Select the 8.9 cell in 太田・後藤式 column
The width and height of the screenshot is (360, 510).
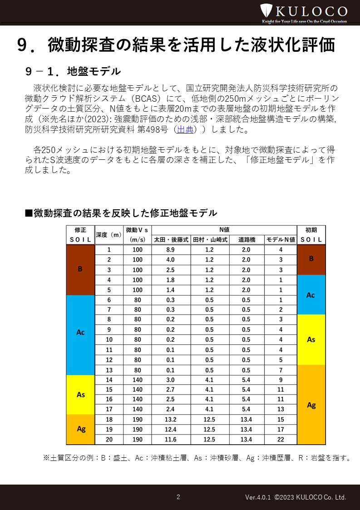pyautogui.click(x=170, y=250)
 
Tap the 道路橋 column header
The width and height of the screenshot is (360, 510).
pyautogui.click(x=246, y=239)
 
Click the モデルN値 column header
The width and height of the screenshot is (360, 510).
pyautogui.click(x=281, y=239)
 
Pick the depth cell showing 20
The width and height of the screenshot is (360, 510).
pyautogui.click(x=109, y=440)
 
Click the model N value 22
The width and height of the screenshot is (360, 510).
pyautogui.click(x=281, y=440)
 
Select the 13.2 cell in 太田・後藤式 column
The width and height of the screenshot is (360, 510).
pyautogui.click(x=170, y=420)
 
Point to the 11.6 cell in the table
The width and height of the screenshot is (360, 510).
pyautogui.click(x=170, y=440)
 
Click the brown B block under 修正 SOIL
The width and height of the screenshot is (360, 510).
pyautogui.click(x=80, y=269)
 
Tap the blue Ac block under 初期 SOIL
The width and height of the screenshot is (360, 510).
pyautogui.click(x=311, y=295)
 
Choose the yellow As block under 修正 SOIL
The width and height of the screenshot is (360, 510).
pyautogui.click(x=80, y=394)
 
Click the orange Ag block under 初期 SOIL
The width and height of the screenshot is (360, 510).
pyautogui.click(x=311, y=405)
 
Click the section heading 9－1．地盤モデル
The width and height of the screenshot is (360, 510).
pyautogui.click(x=73, y=71)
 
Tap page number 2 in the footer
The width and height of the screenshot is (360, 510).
pyautogui.click(x=178, y=497)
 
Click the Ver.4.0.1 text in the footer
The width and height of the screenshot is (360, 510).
pyautogui.click(x=258, y=497)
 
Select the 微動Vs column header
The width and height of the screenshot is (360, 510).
pyautogui.click(x=137, y=234)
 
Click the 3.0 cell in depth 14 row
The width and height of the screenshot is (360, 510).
pyautogui.click(x=170, y=380)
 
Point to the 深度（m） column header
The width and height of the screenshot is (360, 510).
pyautogui.click(x=109, y=234)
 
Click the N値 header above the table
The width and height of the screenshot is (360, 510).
pyautogui.click(x=224, y=229)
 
